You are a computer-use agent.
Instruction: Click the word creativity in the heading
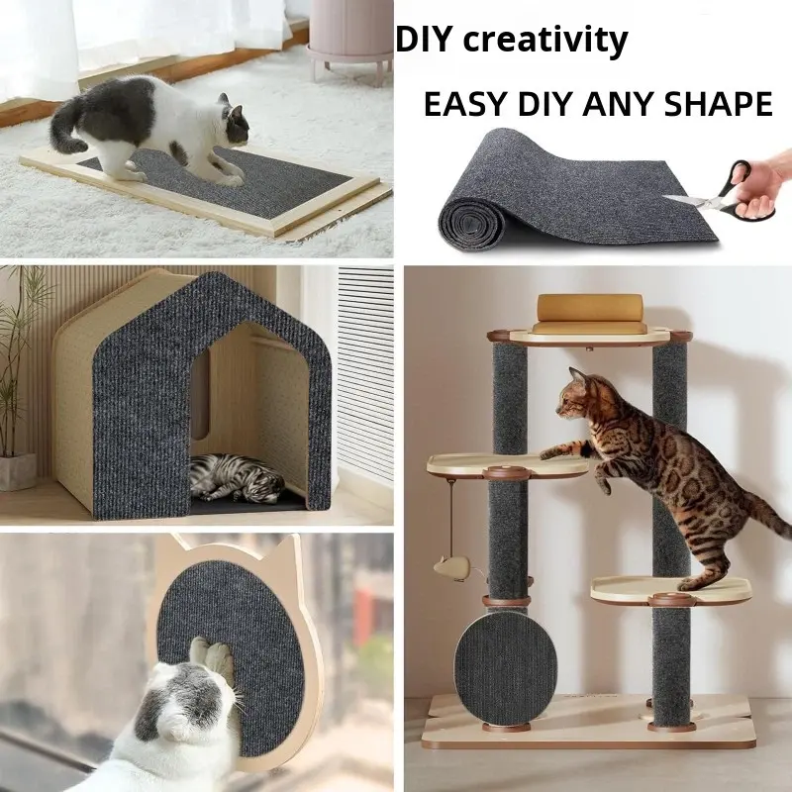point(545,40)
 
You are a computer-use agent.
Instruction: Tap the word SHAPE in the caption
point(718,104)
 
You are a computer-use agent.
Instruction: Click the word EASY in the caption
point(464,104)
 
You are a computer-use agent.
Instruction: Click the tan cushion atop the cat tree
point(589,313)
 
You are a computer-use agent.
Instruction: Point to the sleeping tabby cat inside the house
point(236,478)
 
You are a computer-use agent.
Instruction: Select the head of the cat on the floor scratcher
point(235,123)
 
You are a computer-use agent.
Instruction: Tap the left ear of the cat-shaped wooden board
point(179,544)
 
